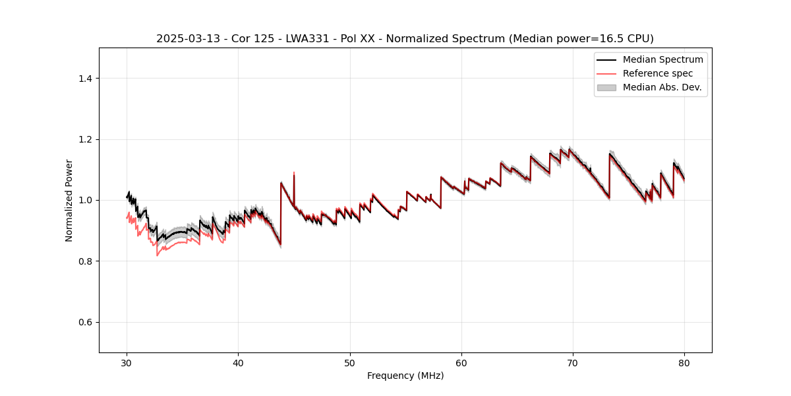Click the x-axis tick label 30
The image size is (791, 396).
pyautogui.click(x=127, y=362)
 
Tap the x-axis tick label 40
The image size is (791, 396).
pyautogui.click(x=238, y=362)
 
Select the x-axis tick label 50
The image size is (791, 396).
pyautogui.click(x=350, y=362)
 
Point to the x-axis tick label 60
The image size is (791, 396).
pyautogui.click(x=461, y=362)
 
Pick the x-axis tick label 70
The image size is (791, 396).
pyautogui.click(x=573, y=362)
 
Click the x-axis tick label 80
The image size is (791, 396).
pyautogui.click(x=684, y=362)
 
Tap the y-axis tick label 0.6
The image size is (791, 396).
pyautogui.click(x=85, y=322)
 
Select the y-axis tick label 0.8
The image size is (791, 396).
pyautogui.click(x=85, y=261)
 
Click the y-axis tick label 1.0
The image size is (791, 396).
pyautogui.click(x=85, y=200)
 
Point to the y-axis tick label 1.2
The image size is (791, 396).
pyautogui.click(x=85, y=139)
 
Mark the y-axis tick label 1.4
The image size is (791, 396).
pyautogui.click(x=85, y=79)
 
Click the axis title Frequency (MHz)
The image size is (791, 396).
pyautogui.click(x=405, y=376)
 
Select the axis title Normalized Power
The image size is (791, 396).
pyautogui.click(x=69, y=200)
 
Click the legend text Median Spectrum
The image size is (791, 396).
pyautogui.click(x=662, y=59)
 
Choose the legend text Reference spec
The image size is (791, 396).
pyautogui.click(x=657, y=73)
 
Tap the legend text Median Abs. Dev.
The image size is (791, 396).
pyautogui.click(x=662, y=87)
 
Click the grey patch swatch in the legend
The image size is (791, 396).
pyautogui.click(x=606, y=87)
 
